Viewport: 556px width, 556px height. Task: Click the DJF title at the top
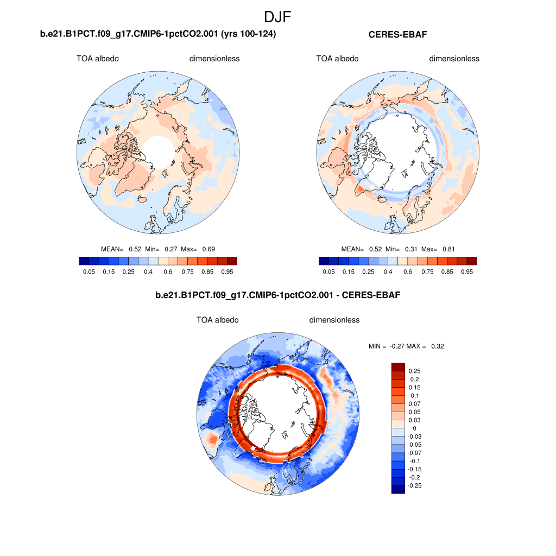[x=277, y=17]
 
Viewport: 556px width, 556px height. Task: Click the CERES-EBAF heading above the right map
[x=399, y=35]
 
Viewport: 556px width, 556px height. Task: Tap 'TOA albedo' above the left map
[x=98, y=59]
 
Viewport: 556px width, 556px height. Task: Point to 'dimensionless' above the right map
[x=454, y=59]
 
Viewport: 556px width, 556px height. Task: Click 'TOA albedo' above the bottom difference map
[x=217, y=320]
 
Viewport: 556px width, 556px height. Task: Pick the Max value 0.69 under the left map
[x=208, y=249]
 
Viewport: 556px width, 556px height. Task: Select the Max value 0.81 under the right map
[x=448, y=249]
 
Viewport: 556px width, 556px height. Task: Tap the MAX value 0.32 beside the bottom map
[x=437, y=346]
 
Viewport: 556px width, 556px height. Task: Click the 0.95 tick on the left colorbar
[x=227, y=271]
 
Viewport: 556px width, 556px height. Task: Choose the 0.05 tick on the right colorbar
[x=328, y=271]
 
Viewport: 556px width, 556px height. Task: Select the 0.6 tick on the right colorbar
[x=408, y=271]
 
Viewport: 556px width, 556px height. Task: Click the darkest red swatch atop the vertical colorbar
[x=398, y=367]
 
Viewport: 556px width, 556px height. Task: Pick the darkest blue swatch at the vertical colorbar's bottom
[x=398, y=489]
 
